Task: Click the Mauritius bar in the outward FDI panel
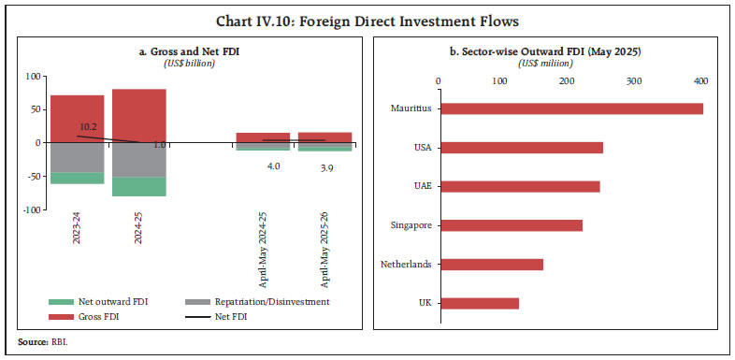click(570, 108)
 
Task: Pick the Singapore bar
click(511, 225)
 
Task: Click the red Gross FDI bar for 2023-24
click(77, 118)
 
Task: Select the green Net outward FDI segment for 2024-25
click(138, 186)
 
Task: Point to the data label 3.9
click(325, 165)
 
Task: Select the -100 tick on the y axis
click(33, 210)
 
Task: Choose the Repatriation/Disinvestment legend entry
click(288, 303)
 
